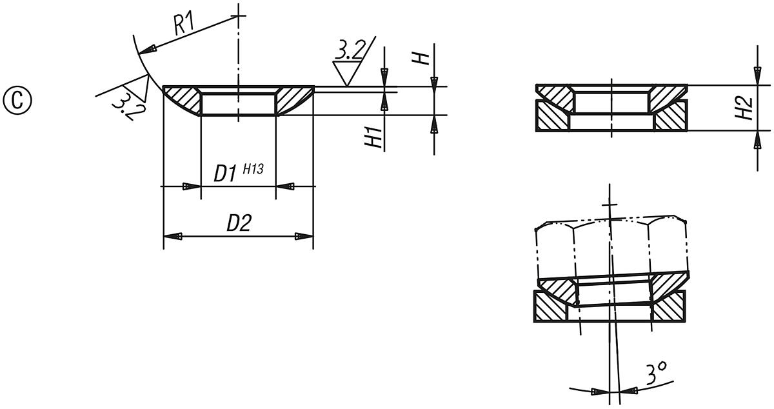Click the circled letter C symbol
tap(17, 101)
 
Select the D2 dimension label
tap(238, 223)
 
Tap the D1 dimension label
tap(226, 174)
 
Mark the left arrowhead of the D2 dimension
tap(172, 237)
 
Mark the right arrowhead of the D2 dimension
tap(304, 237)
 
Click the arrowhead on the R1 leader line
tap(150, 48)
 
